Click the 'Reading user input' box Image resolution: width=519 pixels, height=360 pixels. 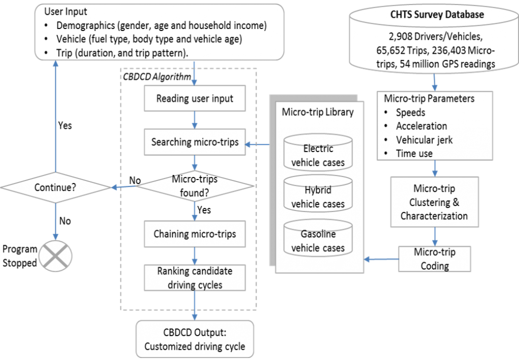click(x=195, y=98)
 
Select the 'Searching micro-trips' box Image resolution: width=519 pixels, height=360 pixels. click(x=195, y=142)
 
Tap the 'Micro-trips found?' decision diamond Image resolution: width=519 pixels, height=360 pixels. click(x=195, y=186)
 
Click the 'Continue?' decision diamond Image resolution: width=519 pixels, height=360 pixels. click(x=55, y=187)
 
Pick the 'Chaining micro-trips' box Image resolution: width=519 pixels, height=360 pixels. click(x=195, y=234)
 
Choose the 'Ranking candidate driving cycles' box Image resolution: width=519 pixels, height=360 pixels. click(x=195, y=278)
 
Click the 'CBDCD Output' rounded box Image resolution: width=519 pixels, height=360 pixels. click(x=195, y=340)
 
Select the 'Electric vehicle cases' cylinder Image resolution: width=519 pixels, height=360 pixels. click(x=318, y=154)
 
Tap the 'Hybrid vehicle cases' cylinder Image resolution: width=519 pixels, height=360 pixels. click(x=318, y=197)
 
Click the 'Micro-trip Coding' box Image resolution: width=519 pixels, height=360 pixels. click(x=434, y=258)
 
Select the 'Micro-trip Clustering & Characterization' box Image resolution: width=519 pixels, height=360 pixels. click(x=434, y=202)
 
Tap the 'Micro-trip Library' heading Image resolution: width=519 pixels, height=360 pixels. click(x=317, y=112)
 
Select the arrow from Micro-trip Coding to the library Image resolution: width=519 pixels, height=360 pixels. click(x=381, y=260)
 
